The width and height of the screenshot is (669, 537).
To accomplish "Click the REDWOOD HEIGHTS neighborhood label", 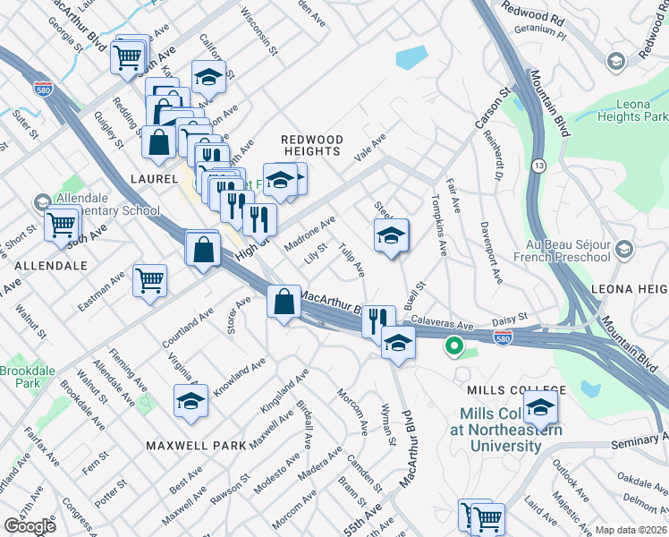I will pyautogui.click(x=312, y=145).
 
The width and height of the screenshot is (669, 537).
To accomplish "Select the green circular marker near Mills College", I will pyautogui.click(x=454, y=345).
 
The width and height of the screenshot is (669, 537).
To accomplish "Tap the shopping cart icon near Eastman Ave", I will pyautogui.click(x=149, y=279).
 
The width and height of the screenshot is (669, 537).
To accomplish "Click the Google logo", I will pyautogui.click(x=29, y=525).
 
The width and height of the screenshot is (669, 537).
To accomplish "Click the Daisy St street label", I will pyautogui.click(x=511, y=317).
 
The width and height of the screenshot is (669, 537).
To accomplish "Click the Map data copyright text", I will pyautogui.click(x=631, y=530).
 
